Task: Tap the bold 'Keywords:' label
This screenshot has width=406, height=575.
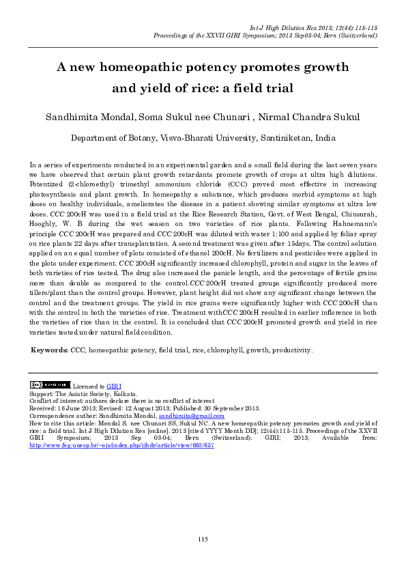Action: [x=49, y=350]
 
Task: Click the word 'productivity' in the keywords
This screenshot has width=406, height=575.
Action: [x=291, y=350]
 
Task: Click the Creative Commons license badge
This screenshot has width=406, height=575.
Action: [x=50, y=386]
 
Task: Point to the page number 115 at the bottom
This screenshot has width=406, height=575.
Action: [x=203, y=539]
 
